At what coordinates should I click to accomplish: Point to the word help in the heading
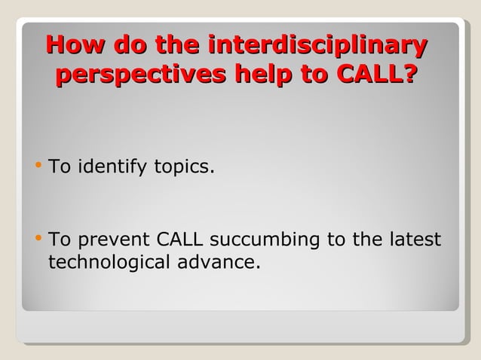coord(265,76)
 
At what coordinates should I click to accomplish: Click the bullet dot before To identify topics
coord(39,165)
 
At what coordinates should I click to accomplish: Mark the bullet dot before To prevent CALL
coord(39,239)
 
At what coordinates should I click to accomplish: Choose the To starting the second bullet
coord(60,240)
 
